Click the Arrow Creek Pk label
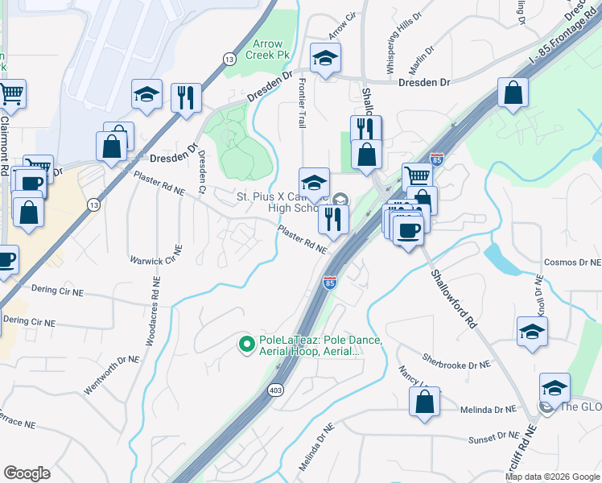[x=267, y=50]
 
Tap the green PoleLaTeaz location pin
[x=248, y=345]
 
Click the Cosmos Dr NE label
[x=572, y=262]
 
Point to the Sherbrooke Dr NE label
[x=456, y=364]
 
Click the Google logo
[x=27, y=473]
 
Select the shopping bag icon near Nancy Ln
[x=424, y=401]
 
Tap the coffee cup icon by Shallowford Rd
[x=409, y=230]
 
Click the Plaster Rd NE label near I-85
[x=303, y=238]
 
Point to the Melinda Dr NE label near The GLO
[x=488, y=410]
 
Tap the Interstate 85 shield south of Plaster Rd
[x=329, y=283]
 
